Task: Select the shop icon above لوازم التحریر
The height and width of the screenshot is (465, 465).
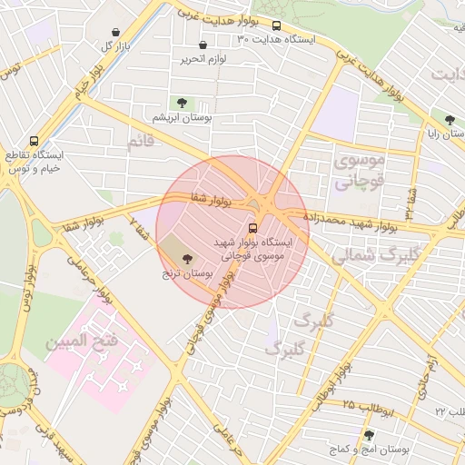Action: click(202, 45)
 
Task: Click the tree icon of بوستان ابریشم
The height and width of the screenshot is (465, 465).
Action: click(182, 103)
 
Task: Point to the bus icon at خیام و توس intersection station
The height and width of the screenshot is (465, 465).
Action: click(34, 142)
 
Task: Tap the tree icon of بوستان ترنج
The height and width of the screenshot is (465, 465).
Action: click(187, 259)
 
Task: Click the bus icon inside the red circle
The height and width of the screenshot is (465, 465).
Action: click(252, 228)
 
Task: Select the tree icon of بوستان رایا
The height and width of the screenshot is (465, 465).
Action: click(450, 119)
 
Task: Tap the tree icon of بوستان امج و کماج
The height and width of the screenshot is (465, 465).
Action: click(368, 436)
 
